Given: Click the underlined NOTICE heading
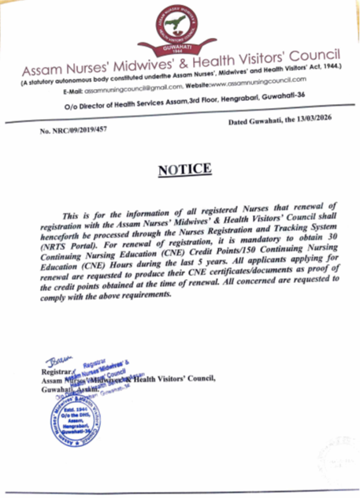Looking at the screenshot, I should coord(185,170).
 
